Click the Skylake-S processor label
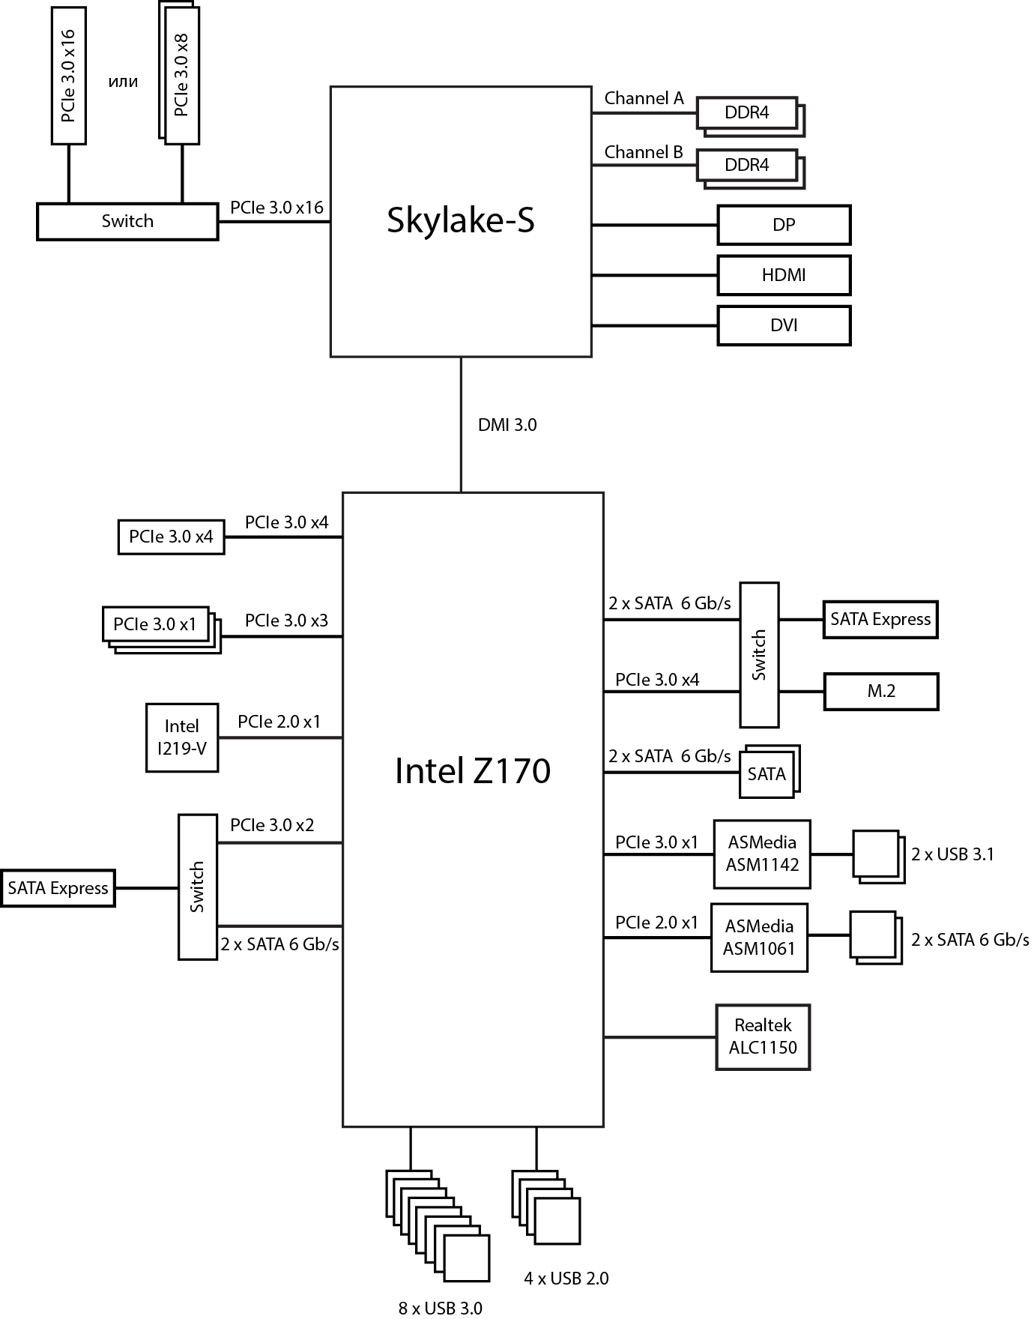point(460,220)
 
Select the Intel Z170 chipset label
point(473,770)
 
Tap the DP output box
point(784,225)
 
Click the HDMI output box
point(784,275)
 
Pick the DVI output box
point(784,325)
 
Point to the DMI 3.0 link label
point(507,425)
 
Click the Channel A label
point(644,98)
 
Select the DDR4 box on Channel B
point(746,165)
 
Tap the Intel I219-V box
point(182,737)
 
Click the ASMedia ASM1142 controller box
point(762,854)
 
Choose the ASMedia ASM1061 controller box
point(759,938)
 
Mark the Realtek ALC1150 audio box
point(763,1036)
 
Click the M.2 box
point(880,691)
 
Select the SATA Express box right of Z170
point(880,619)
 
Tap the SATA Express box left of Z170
point(58,888)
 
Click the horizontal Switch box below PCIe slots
point(127,221)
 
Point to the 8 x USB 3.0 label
point(441,1309)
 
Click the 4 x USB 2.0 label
point(566,1279)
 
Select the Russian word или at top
point(123,82)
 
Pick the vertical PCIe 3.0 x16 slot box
point(68,75)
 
